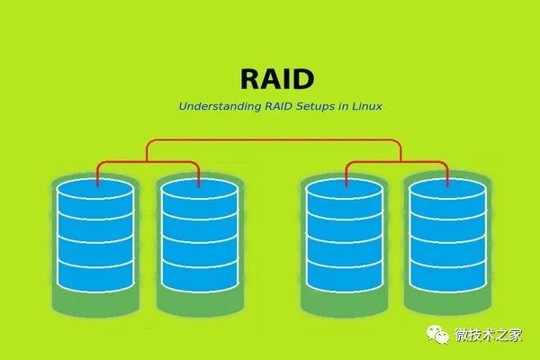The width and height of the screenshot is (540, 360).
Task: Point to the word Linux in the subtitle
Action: click(x=364, y=106)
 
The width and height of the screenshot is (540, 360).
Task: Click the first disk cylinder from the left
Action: click(x=95, y=236)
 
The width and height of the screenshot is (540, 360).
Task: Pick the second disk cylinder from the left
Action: click(x=198, y=236)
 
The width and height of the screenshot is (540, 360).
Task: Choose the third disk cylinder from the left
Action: click(x=346, y=236)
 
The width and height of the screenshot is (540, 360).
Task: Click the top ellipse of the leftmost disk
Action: click(x=95, y=193)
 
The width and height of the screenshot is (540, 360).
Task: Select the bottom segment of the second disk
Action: click(x=198, y=276)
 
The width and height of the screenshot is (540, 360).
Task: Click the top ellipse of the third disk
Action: click(x=346, y=193)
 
